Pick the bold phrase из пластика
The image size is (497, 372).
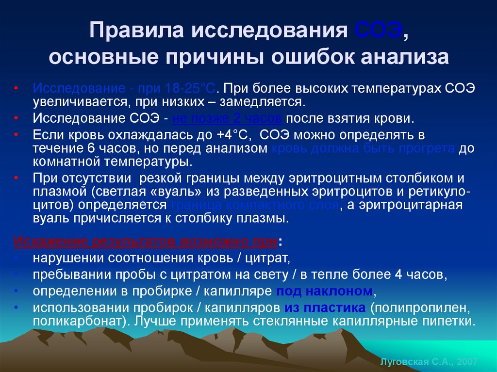(x=325, y=307)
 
